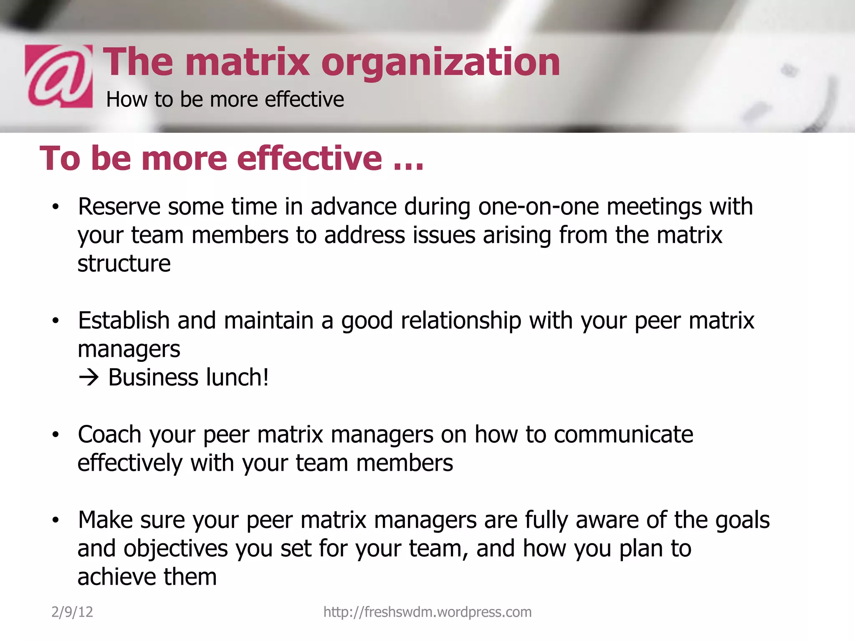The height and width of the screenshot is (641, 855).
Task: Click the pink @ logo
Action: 58,76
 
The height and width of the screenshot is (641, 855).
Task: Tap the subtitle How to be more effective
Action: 225,99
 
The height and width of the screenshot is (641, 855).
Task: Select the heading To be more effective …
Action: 232,158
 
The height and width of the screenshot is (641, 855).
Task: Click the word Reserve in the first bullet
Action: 119,207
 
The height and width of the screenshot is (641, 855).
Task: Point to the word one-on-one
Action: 538,207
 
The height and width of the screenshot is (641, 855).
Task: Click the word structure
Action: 124,264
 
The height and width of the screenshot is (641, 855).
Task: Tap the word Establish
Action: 124,320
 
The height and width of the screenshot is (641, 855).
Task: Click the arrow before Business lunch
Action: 89,378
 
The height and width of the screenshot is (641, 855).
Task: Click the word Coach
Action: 109,434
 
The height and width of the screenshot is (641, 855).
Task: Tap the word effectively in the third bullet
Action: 130,463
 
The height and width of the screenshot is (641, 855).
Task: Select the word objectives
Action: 176,548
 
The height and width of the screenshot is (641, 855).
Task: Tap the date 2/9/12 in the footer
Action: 72,612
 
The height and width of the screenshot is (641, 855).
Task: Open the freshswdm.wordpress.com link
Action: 427,612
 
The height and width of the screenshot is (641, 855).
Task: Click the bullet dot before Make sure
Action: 56,520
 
